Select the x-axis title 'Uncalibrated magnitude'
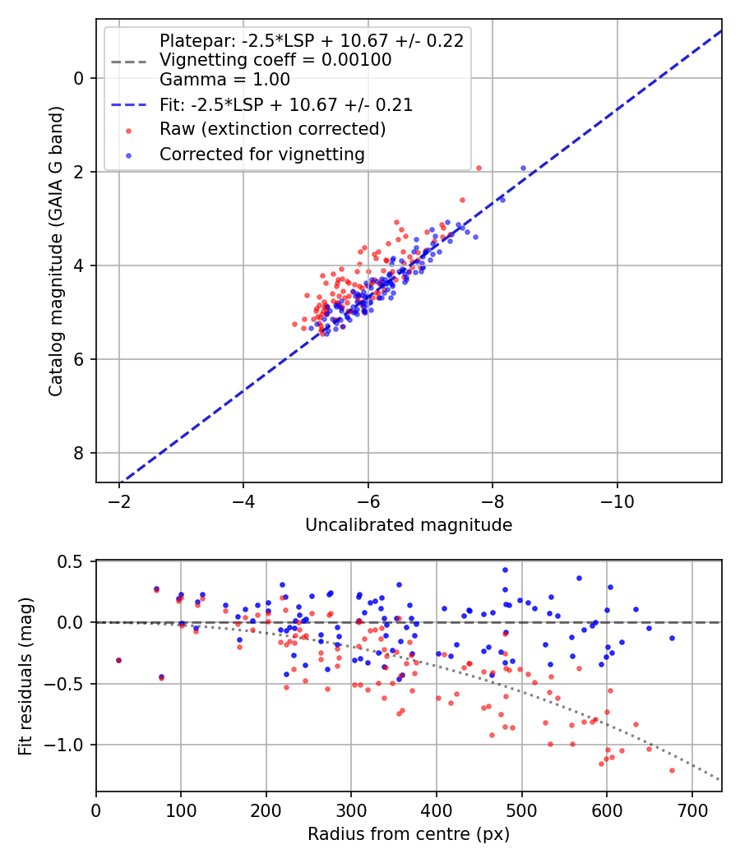(x=409, y=525)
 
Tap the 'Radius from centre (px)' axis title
(x=409, y=834)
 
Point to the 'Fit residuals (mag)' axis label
(x=25, y=676)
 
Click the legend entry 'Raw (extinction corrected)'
(x=272, y=129)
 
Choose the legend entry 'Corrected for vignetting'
(x=262, y=154)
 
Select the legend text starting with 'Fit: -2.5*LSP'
(x=286, y=104)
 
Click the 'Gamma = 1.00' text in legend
(x=224, y=80)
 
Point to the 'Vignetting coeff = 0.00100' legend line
(x=275, y=60)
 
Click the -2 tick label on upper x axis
(x=119, y=501)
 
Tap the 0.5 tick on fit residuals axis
(x=74, y=561)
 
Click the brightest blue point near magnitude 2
(x=523, y=168)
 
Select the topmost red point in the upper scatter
(x=479, y=168)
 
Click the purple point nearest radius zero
(x=118, y=660)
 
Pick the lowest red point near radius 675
(x=672, y=770)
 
